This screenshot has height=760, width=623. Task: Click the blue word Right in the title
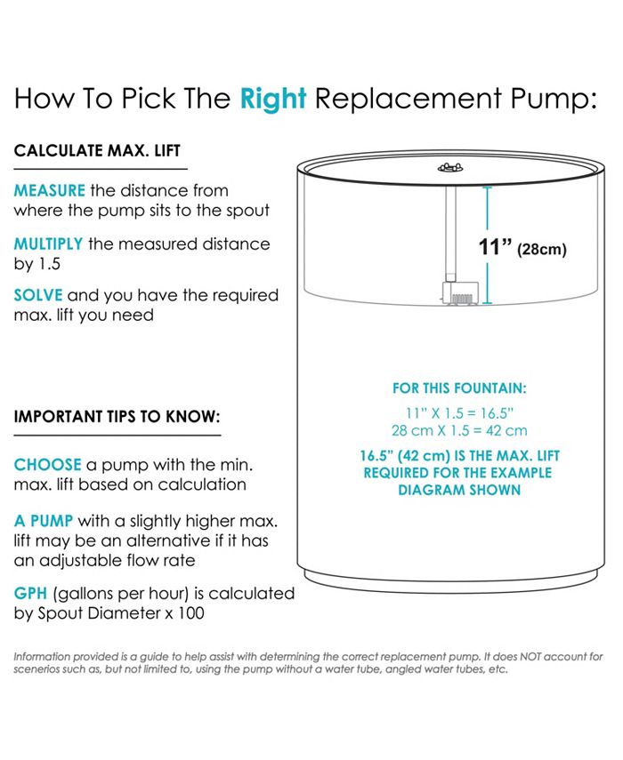click(273, 100)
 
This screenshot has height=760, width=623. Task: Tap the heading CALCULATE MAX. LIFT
click(97, 151)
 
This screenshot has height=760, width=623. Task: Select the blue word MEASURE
click(50, 190)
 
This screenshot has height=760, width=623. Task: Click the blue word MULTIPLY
click(49, 244)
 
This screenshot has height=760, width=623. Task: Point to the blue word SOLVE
click(38, 295)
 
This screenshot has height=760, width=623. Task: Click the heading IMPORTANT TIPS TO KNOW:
click(117, 416)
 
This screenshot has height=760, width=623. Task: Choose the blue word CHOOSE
click(47, 465)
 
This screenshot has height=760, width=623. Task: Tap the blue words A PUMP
click(44, 521)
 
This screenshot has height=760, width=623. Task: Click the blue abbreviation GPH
click(30, 593)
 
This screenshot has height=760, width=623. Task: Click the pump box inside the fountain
click(460, 293)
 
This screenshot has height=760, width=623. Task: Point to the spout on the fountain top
click(450, 168)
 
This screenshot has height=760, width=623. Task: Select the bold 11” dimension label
click(496, 247)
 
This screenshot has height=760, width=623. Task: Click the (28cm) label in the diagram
click(542, 249)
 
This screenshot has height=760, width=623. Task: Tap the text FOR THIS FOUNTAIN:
click(459, 388)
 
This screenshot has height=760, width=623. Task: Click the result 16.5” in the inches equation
click(497, 413)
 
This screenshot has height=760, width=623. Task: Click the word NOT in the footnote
click(530, 657)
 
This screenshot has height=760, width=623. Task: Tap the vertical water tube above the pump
click(450, 230)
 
